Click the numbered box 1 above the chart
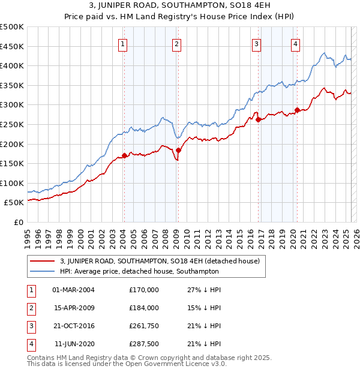coord(122,43)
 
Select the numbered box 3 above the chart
coord(256,43)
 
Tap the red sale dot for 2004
coord(124,155)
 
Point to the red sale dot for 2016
coord(258,119)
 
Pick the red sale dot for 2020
coord(297,110)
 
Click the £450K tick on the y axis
coord(12,46)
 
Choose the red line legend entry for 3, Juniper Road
coord(159,261)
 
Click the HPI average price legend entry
coord(139,271)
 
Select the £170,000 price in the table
coord(144,290)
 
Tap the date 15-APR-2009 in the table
coord(73,308)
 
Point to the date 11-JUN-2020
coord(73,344)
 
